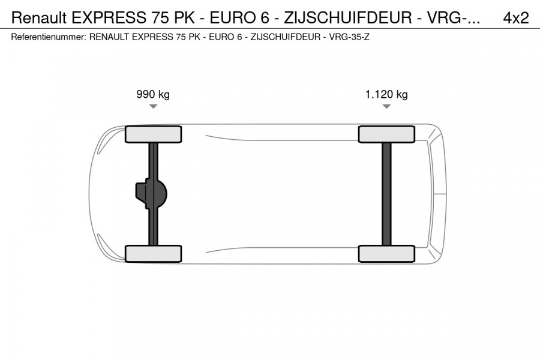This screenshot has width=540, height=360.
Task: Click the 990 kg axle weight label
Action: [153, 94]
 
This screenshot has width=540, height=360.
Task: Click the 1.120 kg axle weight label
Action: [386, 94]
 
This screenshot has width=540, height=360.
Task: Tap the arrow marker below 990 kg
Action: [153, 107]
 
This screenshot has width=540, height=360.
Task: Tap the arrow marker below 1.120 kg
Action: [386, 107]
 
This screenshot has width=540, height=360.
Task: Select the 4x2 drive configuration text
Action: [515, 18]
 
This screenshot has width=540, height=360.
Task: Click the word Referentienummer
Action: [48, 37]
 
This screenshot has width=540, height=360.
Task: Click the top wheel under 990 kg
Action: [153, 134]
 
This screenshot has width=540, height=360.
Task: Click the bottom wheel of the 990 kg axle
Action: [153, 253]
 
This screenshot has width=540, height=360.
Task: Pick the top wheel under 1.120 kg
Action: [386, 134]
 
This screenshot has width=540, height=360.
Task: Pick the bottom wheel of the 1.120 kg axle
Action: [386, 253]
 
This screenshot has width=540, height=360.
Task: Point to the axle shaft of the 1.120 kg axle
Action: [386, 194]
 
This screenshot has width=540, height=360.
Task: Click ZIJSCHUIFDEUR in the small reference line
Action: [284, 37]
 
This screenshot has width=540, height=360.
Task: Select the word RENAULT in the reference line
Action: [109, 37]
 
